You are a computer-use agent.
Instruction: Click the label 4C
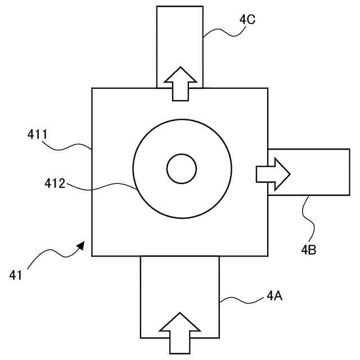click(x=247, y=20)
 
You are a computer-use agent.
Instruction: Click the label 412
click(x=56, y=183)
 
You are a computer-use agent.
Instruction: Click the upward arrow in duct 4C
click(x=179, y=83)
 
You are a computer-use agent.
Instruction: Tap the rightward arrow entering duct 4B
click(x=273, y=174)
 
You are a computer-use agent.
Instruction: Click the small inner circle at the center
click(x=181, y=168)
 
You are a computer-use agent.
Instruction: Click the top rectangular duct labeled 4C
click(x=179, y=34)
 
